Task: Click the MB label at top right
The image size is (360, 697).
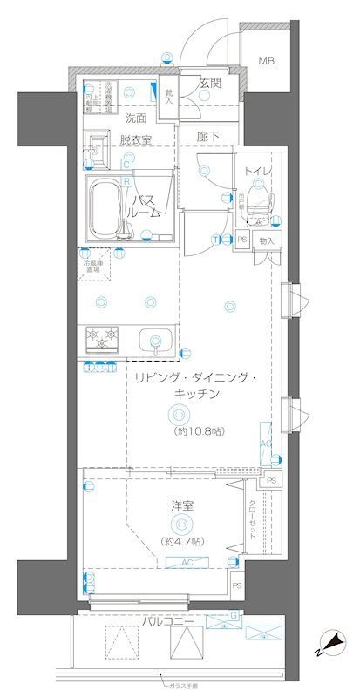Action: click(x=263, y=60)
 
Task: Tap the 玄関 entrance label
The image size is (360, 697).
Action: click(x=210, y=85)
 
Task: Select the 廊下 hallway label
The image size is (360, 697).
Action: click(x=207, y=137)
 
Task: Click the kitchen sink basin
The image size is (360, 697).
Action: click(x=156, y=340)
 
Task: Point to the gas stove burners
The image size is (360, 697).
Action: click(x=102, y=335)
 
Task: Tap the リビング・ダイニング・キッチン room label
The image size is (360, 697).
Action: click(x=194, y=386)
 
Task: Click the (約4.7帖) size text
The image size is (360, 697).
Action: click(x=182, y=541)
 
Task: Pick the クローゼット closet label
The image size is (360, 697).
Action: click(x=252, y=518)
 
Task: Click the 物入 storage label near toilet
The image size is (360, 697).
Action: click(x=267, y=240)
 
